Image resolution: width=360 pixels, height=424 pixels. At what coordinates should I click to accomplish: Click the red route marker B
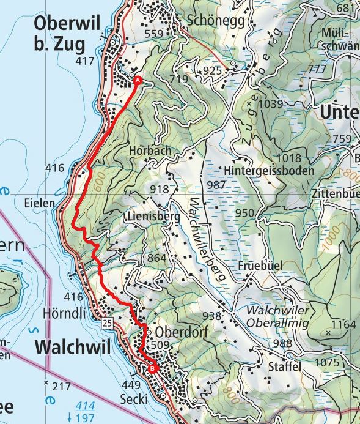152,368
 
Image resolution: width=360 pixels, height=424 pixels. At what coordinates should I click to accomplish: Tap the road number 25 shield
108,322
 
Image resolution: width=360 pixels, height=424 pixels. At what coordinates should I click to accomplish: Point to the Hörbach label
150,151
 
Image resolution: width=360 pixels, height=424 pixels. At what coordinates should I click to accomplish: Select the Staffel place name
285,366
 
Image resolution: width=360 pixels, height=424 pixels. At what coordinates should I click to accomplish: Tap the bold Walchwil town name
72,347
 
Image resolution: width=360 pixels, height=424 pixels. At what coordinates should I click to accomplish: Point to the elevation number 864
156,258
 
